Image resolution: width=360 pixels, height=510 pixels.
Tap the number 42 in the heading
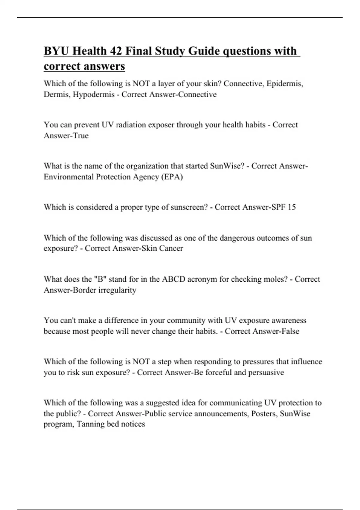tap(115, 51)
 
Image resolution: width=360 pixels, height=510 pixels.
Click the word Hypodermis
tap(94, 94)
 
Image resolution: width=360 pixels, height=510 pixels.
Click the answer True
tap(80, 136)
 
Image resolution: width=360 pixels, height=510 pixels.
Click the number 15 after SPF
tap(292, 207)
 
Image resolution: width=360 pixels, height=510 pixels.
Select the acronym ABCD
tap(174, 279)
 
